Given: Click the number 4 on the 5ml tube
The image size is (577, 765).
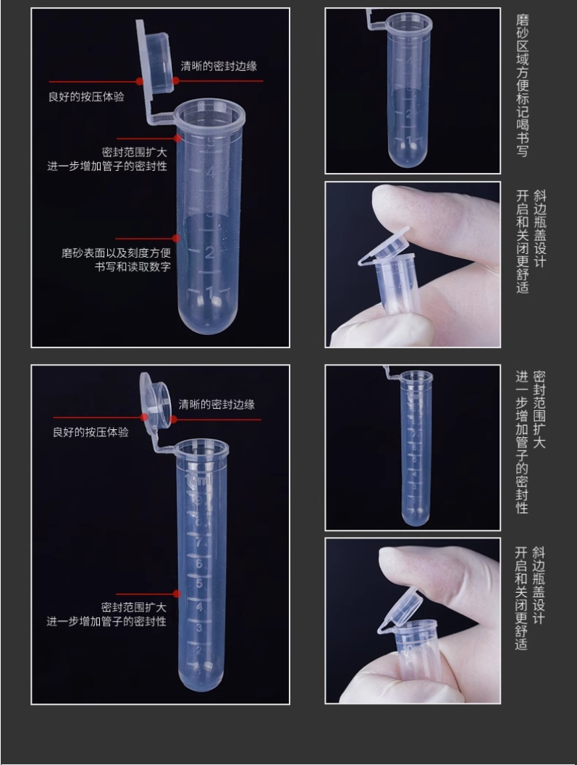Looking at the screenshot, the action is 211,172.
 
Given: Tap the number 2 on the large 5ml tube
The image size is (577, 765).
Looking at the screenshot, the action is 210,253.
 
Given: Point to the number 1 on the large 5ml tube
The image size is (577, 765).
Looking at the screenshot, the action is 210,292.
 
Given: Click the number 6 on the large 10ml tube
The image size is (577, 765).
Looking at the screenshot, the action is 198,564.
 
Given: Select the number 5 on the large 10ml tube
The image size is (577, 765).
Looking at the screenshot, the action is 199,584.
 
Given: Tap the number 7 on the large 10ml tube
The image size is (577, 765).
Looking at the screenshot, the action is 198,542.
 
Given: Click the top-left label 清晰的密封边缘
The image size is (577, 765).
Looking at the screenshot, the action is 219,66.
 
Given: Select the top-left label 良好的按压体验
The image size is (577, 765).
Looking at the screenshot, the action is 86,96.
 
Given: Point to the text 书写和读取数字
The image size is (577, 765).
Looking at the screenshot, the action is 132,267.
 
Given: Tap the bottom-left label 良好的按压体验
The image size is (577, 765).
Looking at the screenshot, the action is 90,432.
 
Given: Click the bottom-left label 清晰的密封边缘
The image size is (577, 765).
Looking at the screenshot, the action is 216,405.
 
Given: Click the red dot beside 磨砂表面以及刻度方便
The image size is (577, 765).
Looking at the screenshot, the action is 176,238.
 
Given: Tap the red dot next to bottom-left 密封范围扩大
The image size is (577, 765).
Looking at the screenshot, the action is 176,593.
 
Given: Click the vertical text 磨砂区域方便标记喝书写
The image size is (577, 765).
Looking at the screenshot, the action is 522,85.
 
